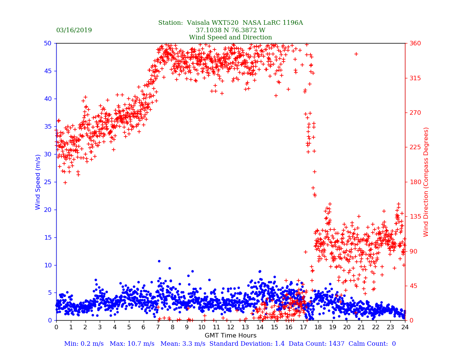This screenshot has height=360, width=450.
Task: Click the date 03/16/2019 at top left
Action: point(74,30)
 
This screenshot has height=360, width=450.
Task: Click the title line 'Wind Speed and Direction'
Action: point(230,37)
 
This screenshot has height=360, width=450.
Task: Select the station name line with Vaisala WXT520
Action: point(230,23)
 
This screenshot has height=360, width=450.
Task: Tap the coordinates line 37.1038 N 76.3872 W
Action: point(230,30)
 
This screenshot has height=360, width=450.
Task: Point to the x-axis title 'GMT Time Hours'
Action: point(230,336)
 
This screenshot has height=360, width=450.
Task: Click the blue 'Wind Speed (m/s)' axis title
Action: point(38,181)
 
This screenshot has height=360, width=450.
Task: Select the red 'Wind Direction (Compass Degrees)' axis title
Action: point(426,181)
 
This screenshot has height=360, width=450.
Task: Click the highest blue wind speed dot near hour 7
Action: point(159,261)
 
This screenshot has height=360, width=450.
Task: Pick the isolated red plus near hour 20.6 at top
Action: point(356,54)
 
